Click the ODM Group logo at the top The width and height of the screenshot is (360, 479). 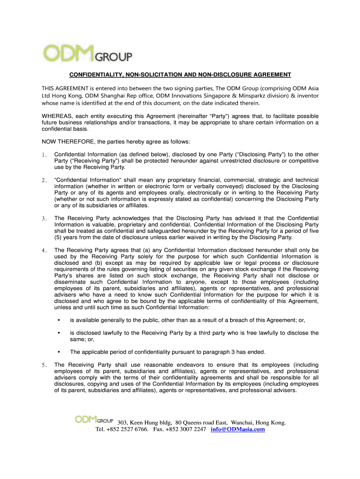click(87, 52)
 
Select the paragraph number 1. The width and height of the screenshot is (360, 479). click(43, 154)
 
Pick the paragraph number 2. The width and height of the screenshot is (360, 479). click(43, 180)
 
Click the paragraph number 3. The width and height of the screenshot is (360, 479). click(43, 218)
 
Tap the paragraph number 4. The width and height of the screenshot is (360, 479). click(43, 250)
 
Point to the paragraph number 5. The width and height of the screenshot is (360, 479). click(43, 365)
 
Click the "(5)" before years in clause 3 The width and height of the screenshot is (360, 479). click(59, 237)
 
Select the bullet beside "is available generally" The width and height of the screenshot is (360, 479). click(58, 320)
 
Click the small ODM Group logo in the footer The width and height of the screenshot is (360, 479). click(94, 421)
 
